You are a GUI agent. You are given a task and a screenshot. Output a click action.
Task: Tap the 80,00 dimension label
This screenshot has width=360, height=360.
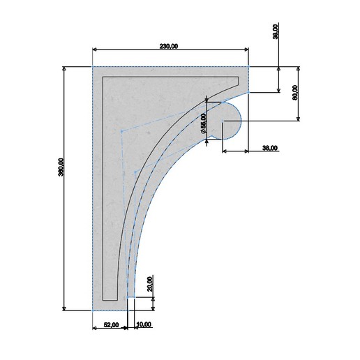pos(295,92)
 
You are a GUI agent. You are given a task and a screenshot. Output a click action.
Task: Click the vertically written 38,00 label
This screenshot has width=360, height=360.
pos(276,32)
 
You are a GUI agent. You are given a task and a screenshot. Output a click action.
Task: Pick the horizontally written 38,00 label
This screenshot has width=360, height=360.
pos(269,147)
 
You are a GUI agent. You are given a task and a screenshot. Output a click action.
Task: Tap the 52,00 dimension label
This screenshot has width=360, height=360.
pos(110,324)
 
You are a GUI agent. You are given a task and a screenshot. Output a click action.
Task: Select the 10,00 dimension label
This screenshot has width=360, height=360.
pos(144,324)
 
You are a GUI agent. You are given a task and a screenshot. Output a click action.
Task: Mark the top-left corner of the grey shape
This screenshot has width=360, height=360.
pos(93,67)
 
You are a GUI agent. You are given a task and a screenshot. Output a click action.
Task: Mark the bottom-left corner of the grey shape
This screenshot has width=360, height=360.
pos(93,310)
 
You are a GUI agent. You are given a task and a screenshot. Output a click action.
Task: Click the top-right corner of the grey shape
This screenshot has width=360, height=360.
pos(250,67)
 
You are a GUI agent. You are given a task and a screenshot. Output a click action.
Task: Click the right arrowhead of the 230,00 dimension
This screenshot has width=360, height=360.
pos(247,50)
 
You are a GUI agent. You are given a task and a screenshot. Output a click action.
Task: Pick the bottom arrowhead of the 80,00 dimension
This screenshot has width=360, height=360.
pos(299,119)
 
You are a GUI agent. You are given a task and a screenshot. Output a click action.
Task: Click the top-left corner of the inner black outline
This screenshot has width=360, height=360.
pos(103,77)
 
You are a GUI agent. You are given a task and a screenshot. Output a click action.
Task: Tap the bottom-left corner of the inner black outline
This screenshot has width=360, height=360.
pos(103,299)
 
